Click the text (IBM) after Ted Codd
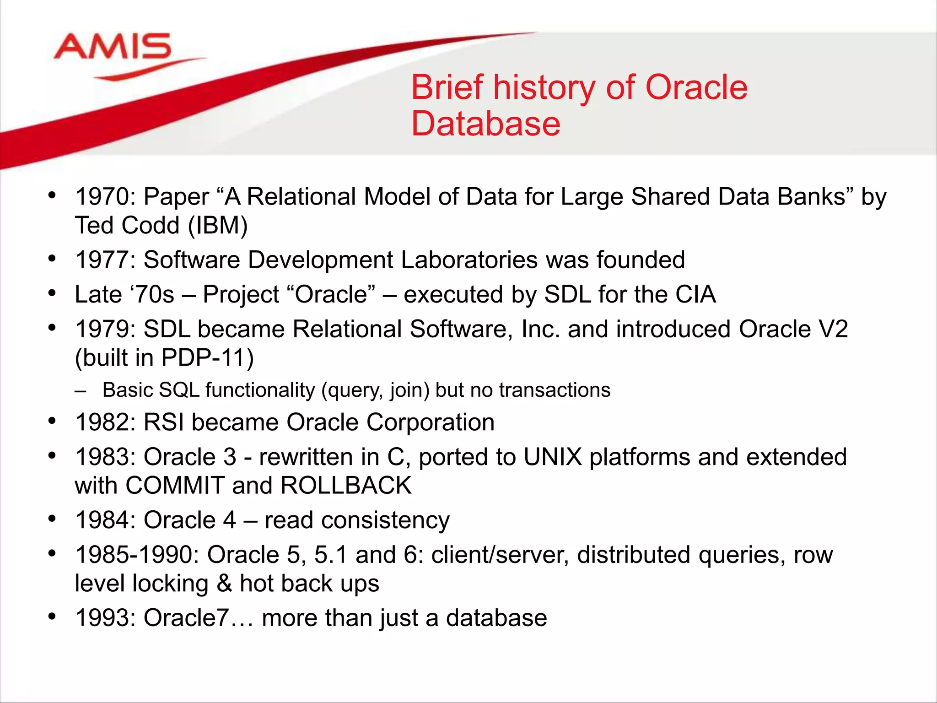(218, 225)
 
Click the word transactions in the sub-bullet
(555, 390)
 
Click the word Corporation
(430, 422)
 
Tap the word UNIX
(552, 457)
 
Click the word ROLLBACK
(346, 485)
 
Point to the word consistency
(385, 520)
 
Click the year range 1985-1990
(136, 555)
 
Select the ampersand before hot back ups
(224, 584)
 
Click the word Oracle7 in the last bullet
(185, 618)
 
